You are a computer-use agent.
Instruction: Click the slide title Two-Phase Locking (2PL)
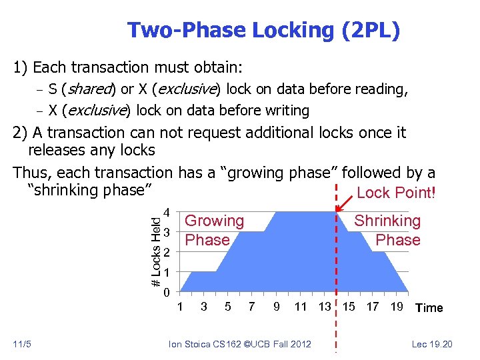[x=263, y=30]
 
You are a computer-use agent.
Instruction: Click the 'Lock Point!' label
[x=396, y=193]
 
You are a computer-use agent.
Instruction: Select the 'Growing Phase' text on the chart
[x=214, y=230]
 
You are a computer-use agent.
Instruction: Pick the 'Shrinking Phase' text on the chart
[x=388, y=230]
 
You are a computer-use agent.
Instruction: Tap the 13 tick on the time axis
[x=325, y=307]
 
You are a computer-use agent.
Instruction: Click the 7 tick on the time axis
[x=251, y=307]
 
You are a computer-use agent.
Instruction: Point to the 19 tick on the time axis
[x=396, y=307]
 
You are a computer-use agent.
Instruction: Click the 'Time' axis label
[x=429, y=307]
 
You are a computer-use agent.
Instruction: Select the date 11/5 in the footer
[x=21, y=344]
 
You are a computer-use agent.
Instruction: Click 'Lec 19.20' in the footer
[x=433, y=344]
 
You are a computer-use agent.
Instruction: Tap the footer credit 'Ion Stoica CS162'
[x=207, y=344]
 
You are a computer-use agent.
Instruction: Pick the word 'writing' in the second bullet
[x=287, y=111]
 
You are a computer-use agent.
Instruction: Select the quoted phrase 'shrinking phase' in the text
[x=87, y=190]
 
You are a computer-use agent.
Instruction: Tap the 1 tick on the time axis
[x=179, y=307]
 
